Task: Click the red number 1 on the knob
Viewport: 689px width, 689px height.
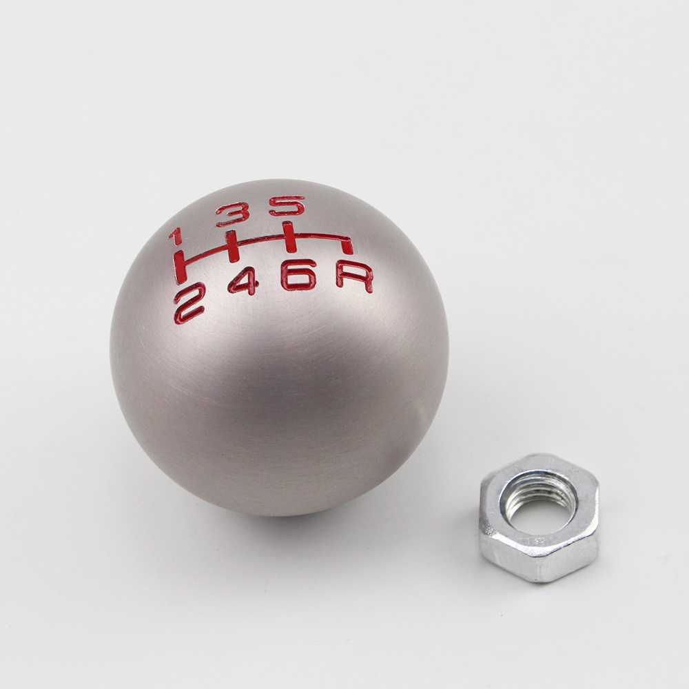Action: [175, 236]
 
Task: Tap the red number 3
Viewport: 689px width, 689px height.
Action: [232, 214]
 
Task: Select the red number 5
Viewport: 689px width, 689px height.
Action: [286, 206]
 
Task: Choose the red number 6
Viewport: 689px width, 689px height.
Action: [298, 274]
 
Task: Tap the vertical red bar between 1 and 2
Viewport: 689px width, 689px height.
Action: [180, 267]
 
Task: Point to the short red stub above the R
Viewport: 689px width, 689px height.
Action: [349, 246]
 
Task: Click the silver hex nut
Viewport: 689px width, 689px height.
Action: [539, 517]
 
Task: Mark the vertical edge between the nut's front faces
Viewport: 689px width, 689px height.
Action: [531, 562]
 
